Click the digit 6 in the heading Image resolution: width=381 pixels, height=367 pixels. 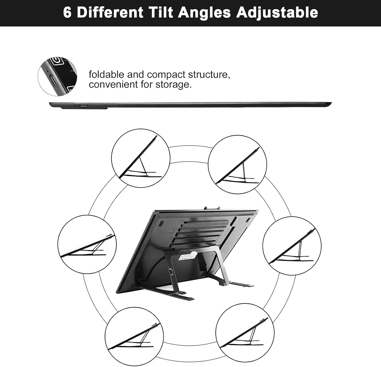pos(67,12)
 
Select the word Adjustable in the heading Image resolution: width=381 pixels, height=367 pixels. pos(277,12)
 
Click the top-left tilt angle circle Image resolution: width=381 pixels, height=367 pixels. pos(141,158)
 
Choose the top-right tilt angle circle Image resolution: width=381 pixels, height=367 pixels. pos(237,164)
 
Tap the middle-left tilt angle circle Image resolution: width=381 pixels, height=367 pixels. pos(87,244)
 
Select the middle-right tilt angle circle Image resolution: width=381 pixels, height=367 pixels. pos(292,246)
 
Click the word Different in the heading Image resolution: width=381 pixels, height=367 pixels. pos(110,12)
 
